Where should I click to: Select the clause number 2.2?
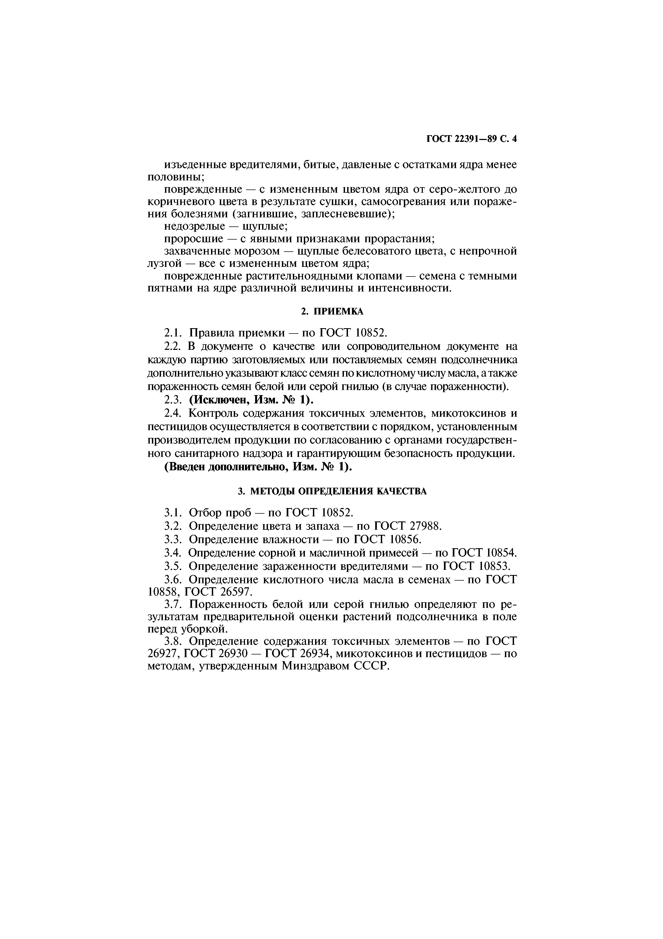coord(172,346)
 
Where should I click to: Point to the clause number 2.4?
coord(172,414)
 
